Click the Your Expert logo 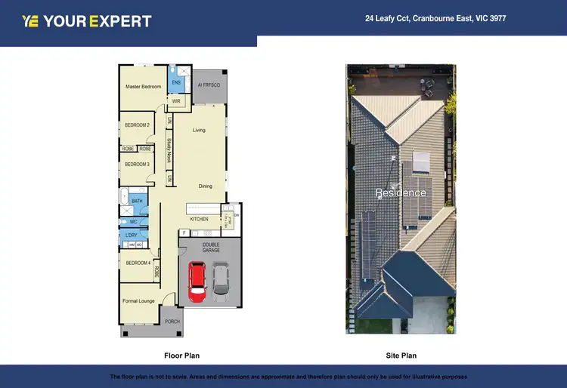pyautogui.click(x=87, y=21)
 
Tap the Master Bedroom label pyautogui.click(x=143, y=87)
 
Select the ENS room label pyautogui.click(x=176, y=82)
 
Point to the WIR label pyautogui.click(x=176, y=100)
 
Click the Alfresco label pyautogui.click(x=209, y=85)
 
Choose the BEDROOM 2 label pyautogui.click(x=137, y=125)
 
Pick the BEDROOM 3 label pyautogui.click(x=137, y=164)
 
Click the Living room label pyautogui.click(x=199, y=130)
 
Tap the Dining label pyautogui.click(x=205, y=186)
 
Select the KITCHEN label pyautogui.click(x=199, y=219)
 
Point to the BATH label pyautogui.click(x=137, y=201)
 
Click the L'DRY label pyautogui.click(x=132, y=236)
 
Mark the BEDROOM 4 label pyautogui.click(x=138, y=263)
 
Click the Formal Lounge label pyautogui.click(x=138, y=300)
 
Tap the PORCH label pyautogui.click(x=172, y=321)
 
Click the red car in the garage pyautogui.click(x=197, y=280)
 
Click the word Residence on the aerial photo pyautogui.click(x=401, y=192)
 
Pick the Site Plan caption pyautogui.click(x=401, y=355)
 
